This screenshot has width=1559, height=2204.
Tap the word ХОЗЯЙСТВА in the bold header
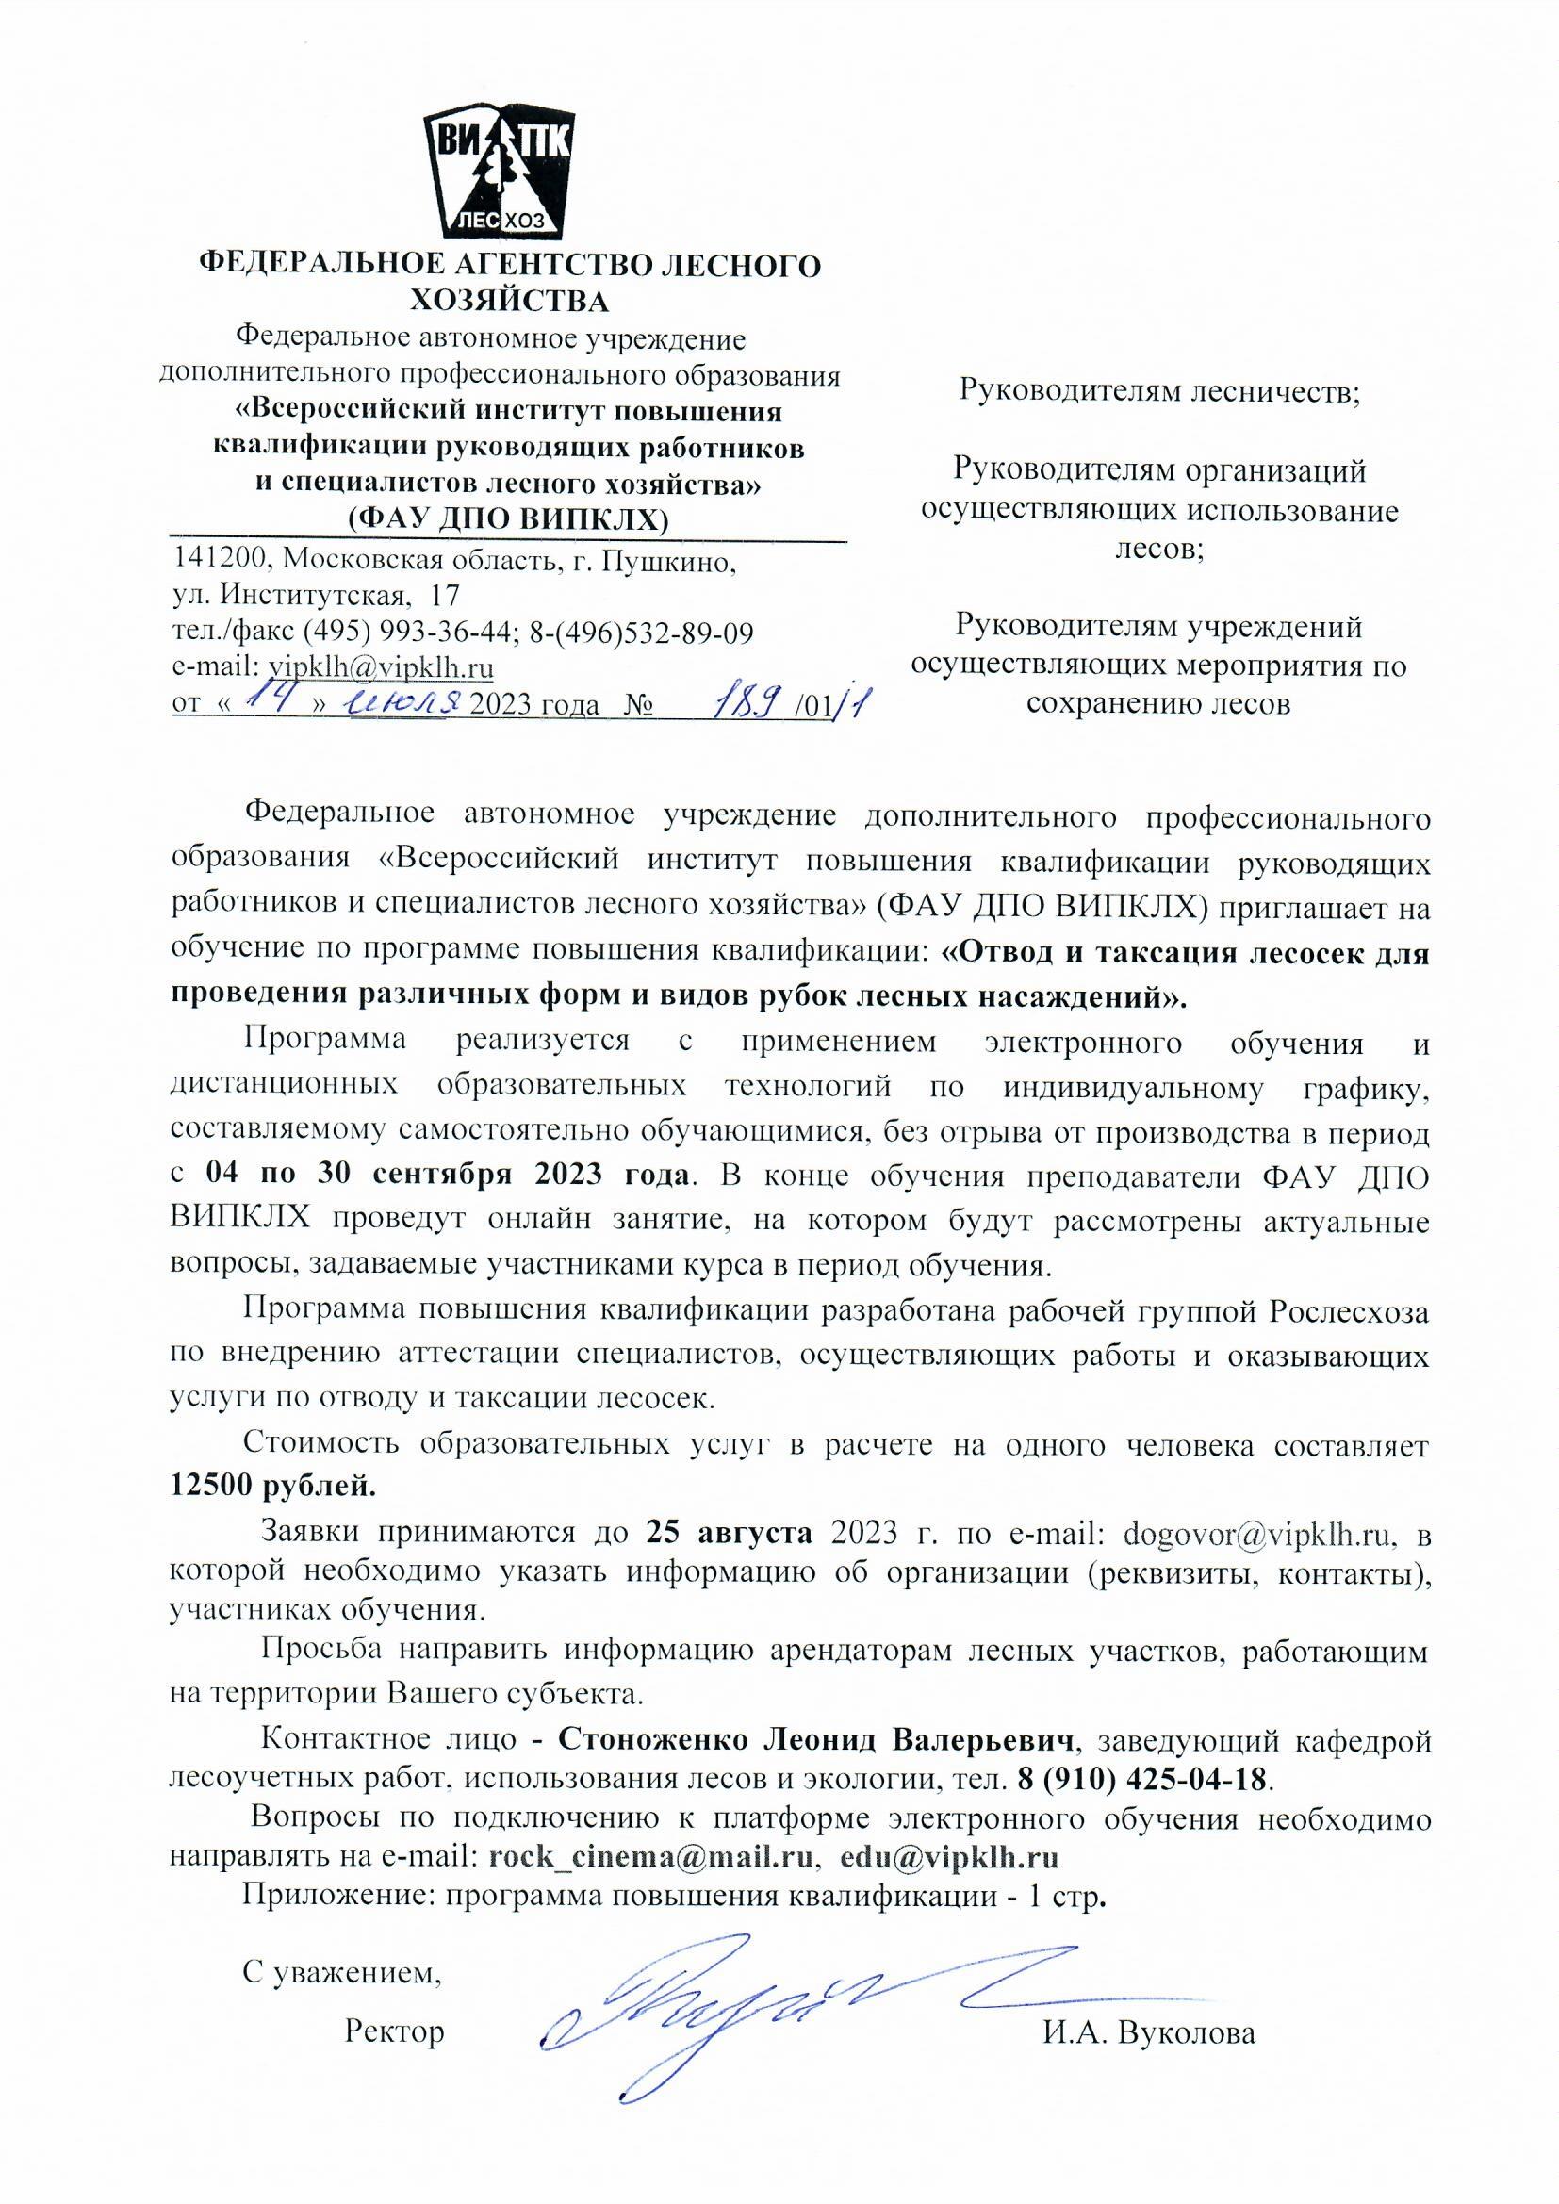(x=510, y=301)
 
